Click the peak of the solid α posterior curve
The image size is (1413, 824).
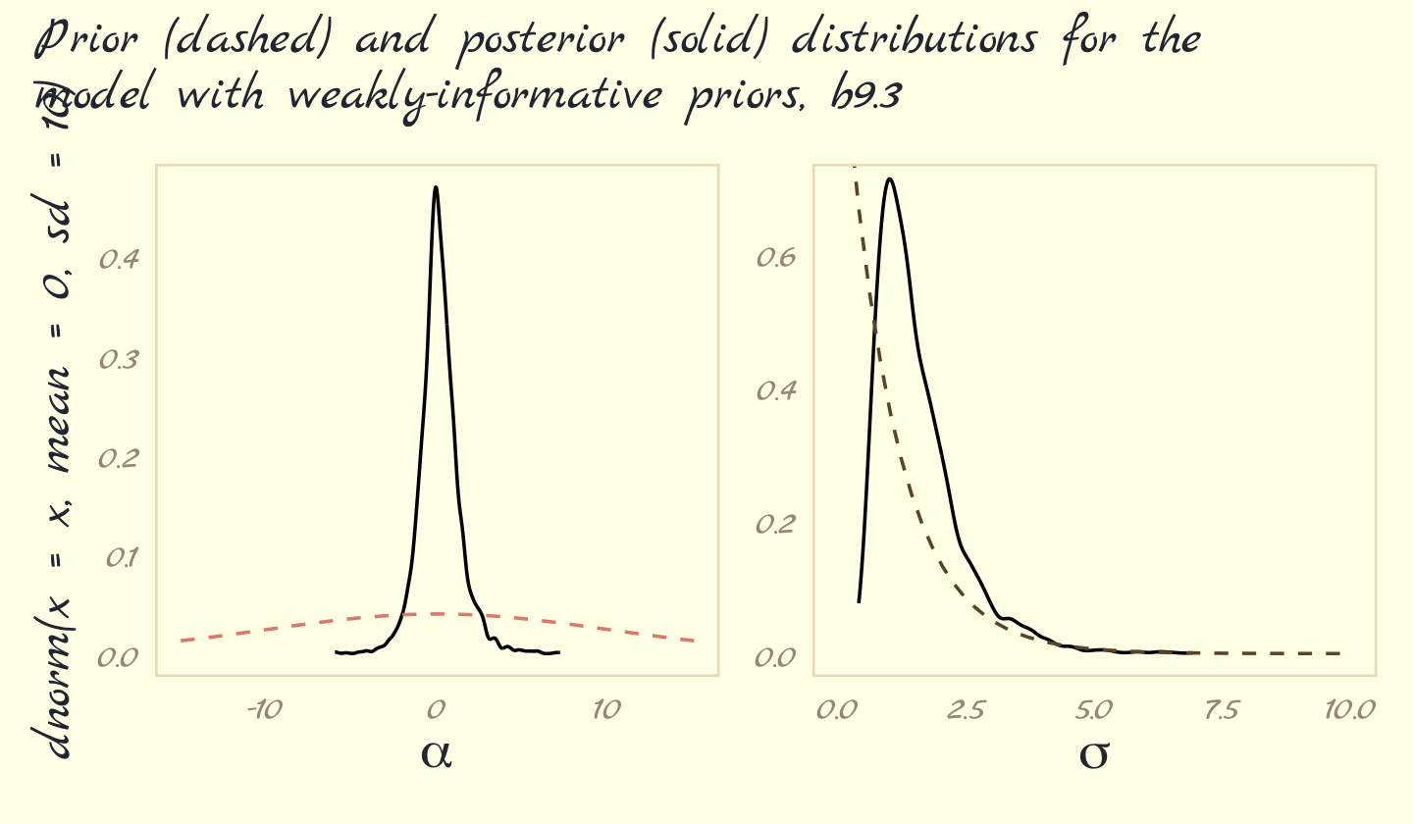pyautogui.click(x=436, y=187)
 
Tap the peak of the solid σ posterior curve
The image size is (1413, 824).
pyautogui.click(x=889, y=180)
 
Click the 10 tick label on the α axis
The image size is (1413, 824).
pyautogui.click(x=606, y=708)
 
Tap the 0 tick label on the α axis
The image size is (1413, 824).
pyautogui.click(x=437, y=708)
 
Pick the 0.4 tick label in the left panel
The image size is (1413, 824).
pyautogui.click(x=119, y=259)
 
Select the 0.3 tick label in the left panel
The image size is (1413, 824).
pyautogui.click(x=119, y=359)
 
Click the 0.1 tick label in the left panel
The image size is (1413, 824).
pyautogui.click(x=121, y=557)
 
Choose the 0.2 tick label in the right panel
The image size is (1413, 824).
pyautogui.click(x=776, y=524)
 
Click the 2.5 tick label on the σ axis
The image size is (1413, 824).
pyautogui.click(x=965, y=708)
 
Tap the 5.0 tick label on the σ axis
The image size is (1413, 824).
pyautogui.click(x=1093, y=708)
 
